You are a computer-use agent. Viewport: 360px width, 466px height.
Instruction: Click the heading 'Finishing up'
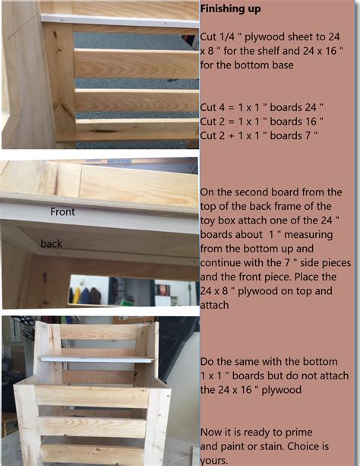coord(230,9)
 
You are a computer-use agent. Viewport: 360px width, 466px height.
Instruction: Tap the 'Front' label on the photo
coord(62,212)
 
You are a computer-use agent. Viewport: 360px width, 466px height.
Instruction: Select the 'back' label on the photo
coord(52,243)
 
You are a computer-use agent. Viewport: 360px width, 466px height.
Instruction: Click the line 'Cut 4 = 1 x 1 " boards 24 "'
coord(262,106)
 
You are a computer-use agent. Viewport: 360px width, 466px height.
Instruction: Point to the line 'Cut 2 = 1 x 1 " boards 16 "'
coord(262,121)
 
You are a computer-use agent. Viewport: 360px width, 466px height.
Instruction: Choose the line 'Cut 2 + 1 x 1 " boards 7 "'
coord(259,135)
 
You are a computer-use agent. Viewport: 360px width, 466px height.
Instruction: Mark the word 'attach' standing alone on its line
coord(216,303)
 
